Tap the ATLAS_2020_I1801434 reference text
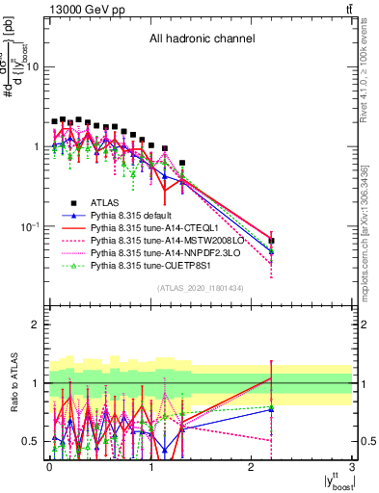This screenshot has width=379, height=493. click(201, 288)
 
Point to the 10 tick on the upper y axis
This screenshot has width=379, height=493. click(33, 67)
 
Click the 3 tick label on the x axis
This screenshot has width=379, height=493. click(353, 467)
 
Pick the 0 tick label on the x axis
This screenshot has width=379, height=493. click(49, 467)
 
